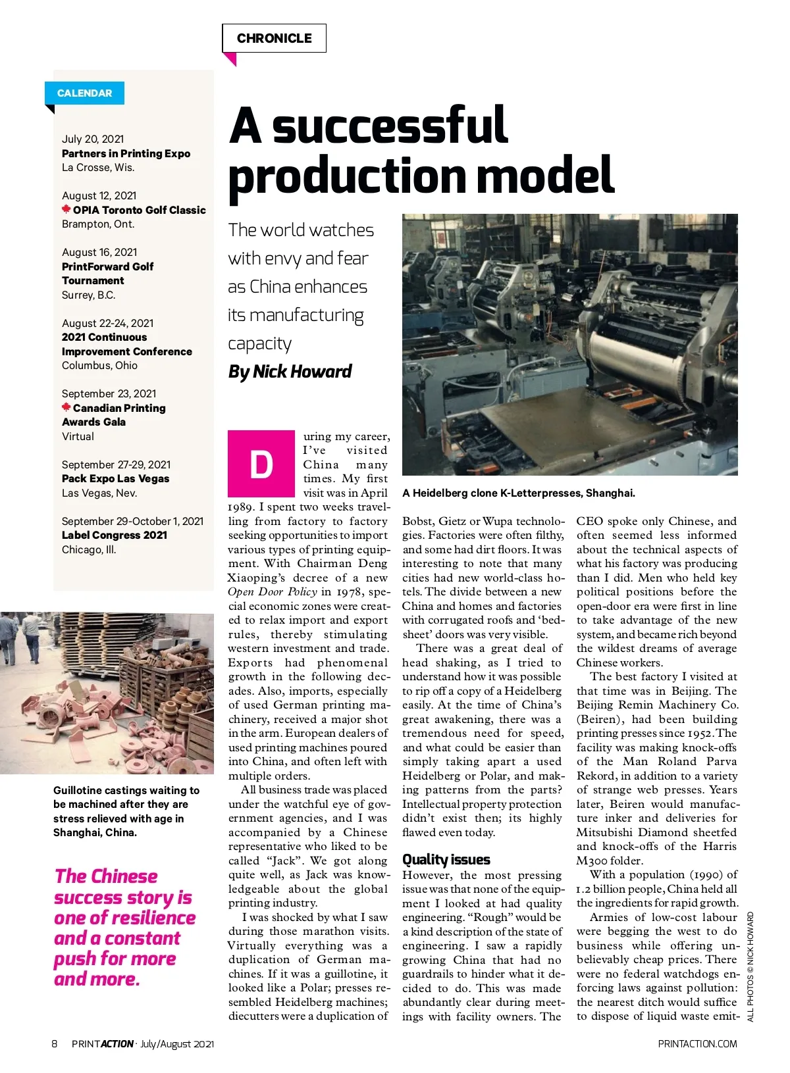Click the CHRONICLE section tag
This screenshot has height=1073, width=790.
274,38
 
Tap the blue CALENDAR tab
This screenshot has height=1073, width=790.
84,93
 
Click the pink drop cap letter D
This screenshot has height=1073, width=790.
261,464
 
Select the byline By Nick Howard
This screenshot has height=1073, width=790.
290,372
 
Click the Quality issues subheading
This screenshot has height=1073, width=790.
446,859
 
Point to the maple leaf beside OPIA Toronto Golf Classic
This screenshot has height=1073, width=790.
66,210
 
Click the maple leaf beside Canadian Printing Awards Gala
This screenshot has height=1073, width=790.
66,407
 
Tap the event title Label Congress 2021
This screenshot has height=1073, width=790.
114,535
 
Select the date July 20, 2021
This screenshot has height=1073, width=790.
93,139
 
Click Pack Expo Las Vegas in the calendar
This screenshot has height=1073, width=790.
115,478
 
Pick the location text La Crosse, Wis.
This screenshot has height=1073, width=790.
98,167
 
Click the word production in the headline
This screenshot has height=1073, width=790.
348,176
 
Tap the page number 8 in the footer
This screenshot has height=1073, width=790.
55,1043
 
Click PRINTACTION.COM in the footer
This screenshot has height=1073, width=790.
697,1043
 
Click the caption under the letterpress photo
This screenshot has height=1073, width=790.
518,493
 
